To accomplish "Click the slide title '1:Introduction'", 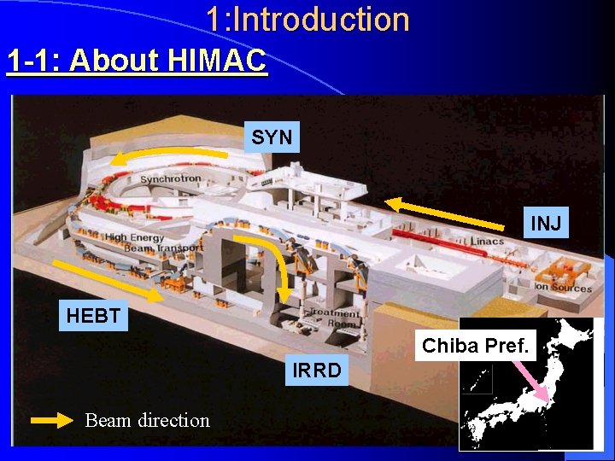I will click(307, 20).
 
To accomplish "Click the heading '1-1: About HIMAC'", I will click(137, 61).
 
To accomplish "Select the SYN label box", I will click(272, 137).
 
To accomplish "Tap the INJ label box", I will click(546, 224).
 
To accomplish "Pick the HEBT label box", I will click(93, 316).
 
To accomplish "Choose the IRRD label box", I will click(317, 370).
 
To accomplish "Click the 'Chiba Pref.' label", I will click(476, 347).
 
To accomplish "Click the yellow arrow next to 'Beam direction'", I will click(52, 420).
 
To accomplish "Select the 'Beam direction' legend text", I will click(147, 420).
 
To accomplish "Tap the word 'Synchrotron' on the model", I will click(171, 179).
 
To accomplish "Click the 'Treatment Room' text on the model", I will click(334, 318).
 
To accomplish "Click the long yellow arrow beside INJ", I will click(444, 213).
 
